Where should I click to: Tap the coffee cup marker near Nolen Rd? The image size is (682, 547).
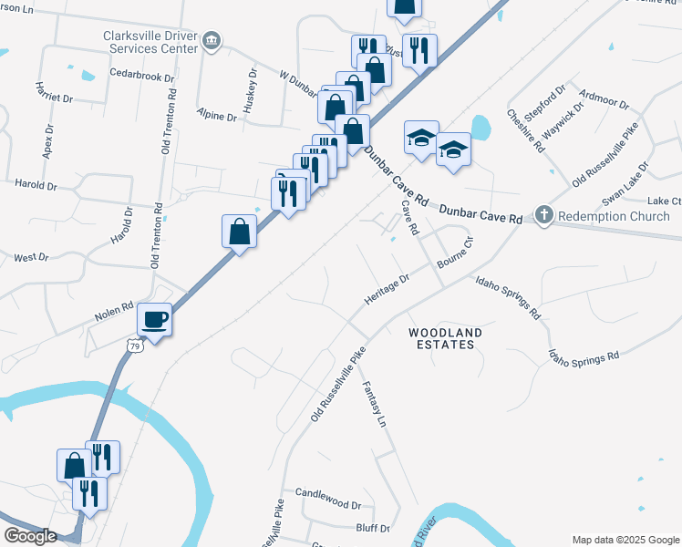154,320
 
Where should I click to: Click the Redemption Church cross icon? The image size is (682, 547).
543,216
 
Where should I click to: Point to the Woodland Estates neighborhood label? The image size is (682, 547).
441,338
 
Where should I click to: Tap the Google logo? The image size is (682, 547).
29,536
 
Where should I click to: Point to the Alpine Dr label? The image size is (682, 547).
217,114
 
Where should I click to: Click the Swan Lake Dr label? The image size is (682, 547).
625,185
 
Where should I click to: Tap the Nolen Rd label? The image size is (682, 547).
114,311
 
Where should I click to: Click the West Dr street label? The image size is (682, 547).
31,258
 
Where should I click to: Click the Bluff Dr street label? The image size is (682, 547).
372,528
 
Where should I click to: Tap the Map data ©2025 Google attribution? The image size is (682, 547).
625,540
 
